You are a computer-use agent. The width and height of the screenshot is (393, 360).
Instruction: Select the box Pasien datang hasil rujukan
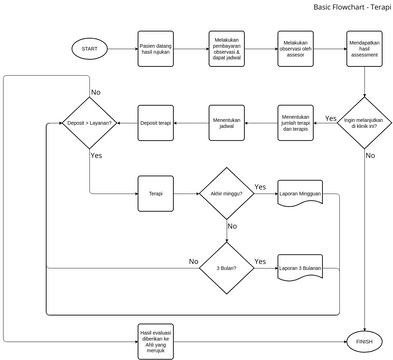156,48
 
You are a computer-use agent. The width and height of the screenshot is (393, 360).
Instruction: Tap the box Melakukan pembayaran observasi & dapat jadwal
227,48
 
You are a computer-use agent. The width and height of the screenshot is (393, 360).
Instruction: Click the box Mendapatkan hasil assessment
363,48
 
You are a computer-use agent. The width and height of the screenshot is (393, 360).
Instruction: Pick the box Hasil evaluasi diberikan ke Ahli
156,338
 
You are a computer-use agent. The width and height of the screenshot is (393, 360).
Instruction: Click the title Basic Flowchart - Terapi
352,7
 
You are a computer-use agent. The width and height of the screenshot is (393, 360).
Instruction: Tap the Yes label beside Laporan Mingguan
260,187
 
